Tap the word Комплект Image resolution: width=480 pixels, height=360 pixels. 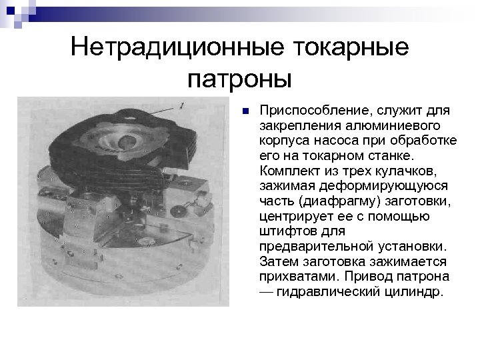[x=287, y=171]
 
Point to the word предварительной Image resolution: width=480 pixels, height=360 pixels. [x=310, y=247]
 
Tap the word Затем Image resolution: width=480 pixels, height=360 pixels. [x=276, y=263]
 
